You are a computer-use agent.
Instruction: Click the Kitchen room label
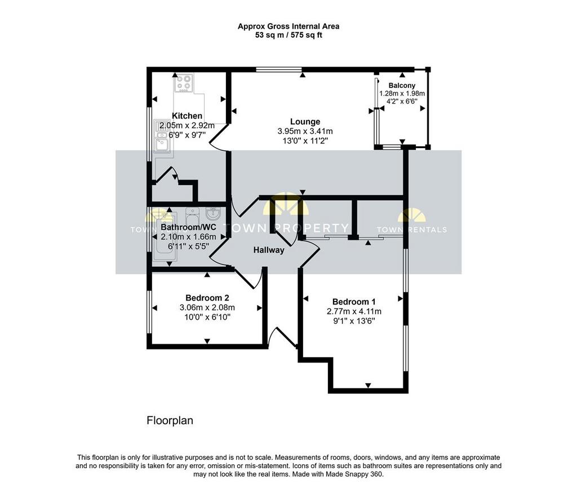pyautogui.click(x=187, y=116)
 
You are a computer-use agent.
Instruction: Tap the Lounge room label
pyautogui.click(x=305, y=122)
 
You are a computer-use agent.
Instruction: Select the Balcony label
pyautogui.click(x=402, y=86)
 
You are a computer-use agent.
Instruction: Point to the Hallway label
pyautogui.click(x=269, y=250)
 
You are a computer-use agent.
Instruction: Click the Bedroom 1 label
pyautogui.click(x=354, y=302)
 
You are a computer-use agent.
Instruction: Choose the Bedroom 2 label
pyautogui.click(x=207, y=298)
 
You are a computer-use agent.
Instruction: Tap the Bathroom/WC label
pyautogui.click(x=188, y=227)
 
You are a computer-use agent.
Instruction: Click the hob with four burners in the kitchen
pyautogui.click(x=184, y=83)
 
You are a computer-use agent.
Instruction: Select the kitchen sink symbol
pyautogui.click(x=162, y=136)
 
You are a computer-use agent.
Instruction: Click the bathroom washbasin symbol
pyautogui.click(x=212, y=213)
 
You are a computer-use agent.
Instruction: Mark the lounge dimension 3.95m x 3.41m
pyautogui.click(x=305, y=131)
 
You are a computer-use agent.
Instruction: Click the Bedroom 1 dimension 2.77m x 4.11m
pyautogui.click(x=354, y=312)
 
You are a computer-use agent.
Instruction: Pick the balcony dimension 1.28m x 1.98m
pyautogui.click(x=402, y=93)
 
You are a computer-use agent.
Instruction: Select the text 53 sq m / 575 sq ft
pyautogui.click(x=288, y=35)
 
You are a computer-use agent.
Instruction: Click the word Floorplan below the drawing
pyautogui.click(x=170, y=420)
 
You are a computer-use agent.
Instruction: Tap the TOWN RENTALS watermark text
pyautogui.click(x=411, y=230)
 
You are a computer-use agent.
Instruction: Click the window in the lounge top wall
pyautogui.click(x=279, y=69)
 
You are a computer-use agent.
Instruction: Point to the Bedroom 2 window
pyautogui.click(x=149, y=313)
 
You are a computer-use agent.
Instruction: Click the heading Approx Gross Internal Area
pyautogui.click(x=288, y=26)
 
